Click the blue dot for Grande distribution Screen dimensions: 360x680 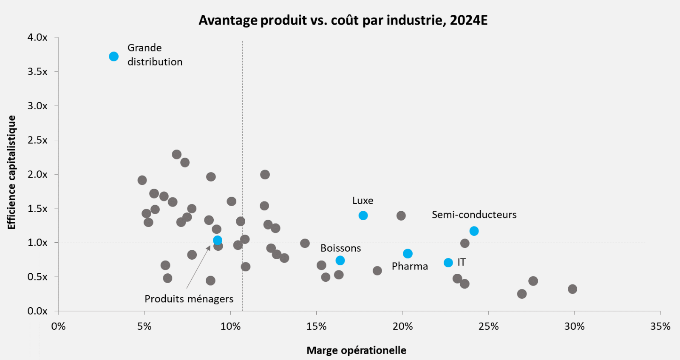(x=113, y=57)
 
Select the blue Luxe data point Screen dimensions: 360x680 (x=363, y=215)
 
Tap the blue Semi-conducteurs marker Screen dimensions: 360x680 (x=474, y=231)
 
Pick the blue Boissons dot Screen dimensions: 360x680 (x=340, y=261)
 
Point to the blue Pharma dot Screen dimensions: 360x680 (x=408, y=254)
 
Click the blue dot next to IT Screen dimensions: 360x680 (x=448, y=263)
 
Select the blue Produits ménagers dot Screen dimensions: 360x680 (x=218, y=241)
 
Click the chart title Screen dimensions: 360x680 (x=343, y=20)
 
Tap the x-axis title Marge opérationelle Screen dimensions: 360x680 (x=356, y=350)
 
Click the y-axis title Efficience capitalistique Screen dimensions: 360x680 (x=11, y=172)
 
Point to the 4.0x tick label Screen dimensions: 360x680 (x=37, y=37)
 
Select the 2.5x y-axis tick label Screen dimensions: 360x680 (x=37, y=140)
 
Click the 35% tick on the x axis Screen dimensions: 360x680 (x=660, y=326)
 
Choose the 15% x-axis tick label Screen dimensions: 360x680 (x=316, y=326)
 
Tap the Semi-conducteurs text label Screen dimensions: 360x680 (x=474, y=215)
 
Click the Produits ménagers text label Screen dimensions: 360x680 (x=189, y=299)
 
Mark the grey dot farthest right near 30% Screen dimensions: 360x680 (x=572, y=289)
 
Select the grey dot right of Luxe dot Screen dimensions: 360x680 (x=401, y=216)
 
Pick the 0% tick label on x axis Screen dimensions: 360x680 (x=58, y=326)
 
